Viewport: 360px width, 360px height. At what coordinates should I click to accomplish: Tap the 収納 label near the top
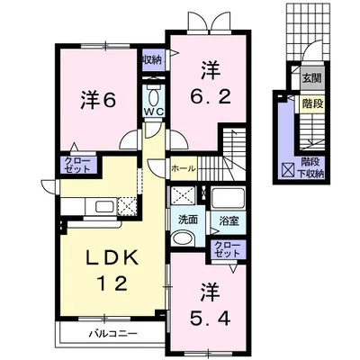point(152,59)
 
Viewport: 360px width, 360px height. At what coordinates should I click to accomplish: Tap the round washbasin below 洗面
point(183,239)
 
